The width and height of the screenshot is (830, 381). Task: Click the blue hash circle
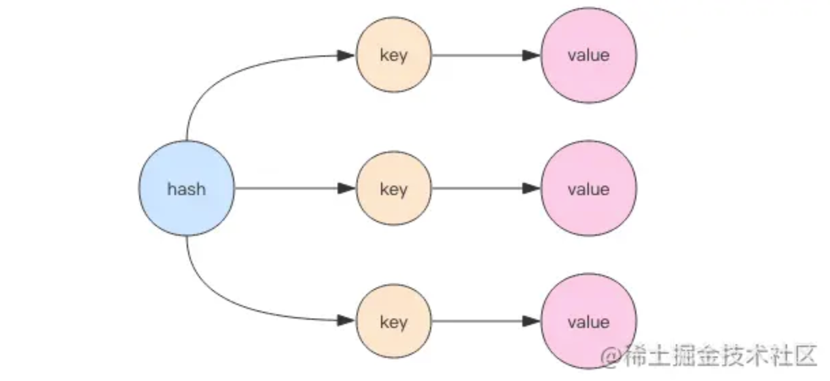(186, 188)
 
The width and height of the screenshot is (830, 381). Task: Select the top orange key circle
(394, 55)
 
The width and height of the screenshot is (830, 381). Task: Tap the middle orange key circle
(394, 188)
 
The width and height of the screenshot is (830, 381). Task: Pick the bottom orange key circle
(394, 321)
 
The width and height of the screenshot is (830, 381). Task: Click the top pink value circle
(588, 55)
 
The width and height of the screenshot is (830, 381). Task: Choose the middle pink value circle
(588, 188)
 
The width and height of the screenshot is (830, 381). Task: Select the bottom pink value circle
(588, 321)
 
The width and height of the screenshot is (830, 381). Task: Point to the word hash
(186, 189)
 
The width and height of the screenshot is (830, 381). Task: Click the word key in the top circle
(394, 56)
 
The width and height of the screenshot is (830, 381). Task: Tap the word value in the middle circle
(588, 189)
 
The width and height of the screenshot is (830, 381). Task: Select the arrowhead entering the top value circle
(531, 55)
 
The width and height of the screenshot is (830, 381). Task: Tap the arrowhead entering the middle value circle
(531, 188)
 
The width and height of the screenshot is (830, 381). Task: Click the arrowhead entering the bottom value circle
(531, 321)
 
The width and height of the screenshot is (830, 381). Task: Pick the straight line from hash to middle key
(285, 188)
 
